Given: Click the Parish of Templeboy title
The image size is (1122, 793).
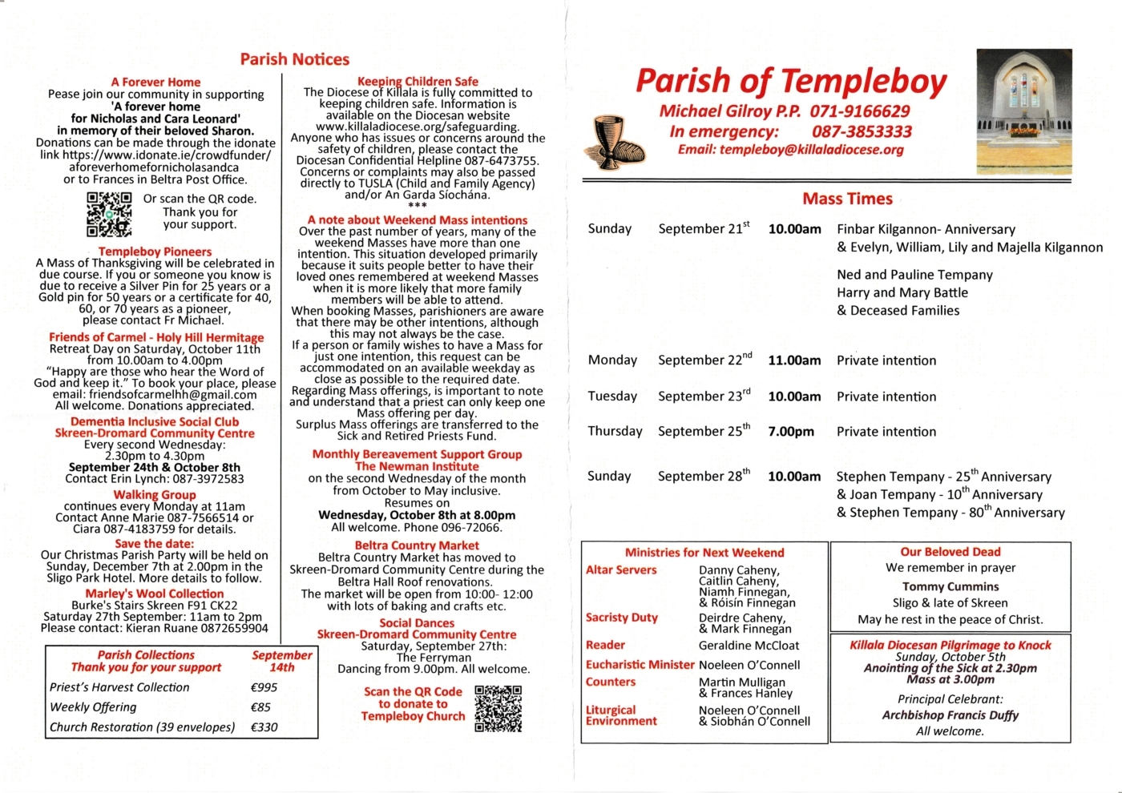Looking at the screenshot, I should tap(790, 82).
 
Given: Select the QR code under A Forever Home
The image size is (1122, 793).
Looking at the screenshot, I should tap(108, 214).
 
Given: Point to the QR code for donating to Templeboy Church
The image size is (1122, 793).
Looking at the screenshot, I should tap(498, 708).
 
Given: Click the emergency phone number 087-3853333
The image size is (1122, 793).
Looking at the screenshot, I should tap(862, 131).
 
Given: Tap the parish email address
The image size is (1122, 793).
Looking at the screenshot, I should tap(790, 150).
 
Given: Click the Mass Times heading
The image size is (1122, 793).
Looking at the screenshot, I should tap(847, 199).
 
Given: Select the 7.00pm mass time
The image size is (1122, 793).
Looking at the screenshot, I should tap(791, 432).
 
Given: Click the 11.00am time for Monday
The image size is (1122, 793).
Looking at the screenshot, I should tap(794, 360).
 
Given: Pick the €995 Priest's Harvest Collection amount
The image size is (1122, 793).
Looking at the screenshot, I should tap(264, 687).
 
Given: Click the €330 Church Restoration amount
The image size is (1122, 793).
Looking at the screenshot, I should tap(264, 727).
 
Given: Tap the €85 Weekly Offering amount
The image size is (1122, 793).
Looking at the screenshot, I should tap(260, 707).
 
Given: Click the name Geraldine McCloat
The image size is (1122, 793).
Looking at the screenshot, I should tap(749, 646).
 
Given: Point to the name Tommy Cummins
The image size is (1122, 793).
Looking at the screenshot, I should tap(950, 586).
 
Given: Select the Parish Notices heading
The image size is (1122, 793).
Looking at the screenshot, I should tap(294, 59).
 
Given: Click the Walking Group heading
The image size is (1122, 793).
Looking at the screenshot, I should tap(155, 495).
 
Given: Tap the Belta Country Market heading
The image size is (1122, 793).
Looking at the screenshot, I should tap(417, 545).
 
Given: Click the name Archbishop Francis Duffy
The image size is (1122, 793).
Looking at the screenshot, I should tap(950, 715).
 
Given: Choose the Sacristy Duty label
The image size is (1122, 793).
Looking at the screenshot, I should tap(622, 618).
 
